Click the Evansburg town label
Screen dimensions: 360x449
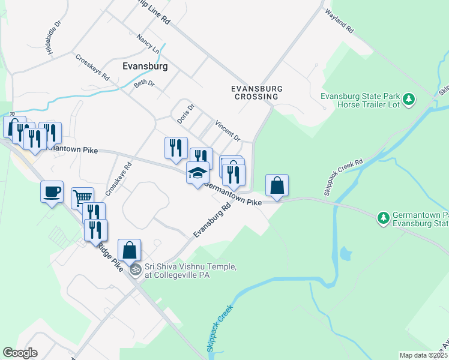coord(144,66)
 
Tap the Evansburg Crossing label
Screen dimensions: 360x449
coord(256,92)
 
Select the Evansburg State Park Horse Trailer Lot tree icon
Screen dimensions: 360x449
coord(409,99)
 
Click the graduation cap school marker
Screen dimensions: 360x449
coord(197,173)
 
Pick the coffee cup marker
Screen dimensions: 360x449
coord(52,191)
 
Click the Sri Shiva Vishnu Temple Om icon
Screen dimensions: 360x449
coord(136,270)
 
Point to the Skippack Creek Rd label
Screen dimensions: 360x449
coord(343,178)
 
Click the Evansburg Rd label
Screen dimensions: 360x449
coord(212,220)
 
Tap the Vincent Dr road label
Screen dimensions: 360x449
coord(228,129)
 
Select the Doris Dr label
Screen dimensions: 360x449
coord(185,114)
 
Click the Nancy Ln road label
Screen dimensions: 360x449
coord(148,43)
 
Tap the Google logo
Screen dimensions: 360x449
coord(20,353)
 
